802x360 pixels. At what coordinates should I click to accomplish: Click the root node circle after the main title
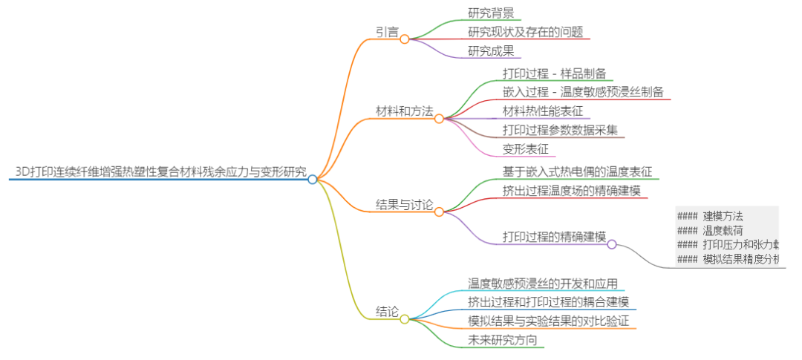click(x=313, y=179)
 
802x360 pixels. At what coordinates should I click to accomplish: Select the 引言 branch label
click(x=386, y=32)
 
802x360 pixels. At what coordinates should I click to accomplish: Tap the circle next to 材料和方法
click(x=439, y=118)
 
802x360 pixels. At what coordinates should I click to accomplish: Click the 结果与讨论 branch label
click(x=404, y=205)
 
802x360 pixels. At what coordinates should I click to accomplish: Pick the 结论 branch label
click(x=386, y=312)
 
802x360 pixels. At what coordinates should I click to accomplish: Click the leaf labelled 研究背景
click(x=491, y=13)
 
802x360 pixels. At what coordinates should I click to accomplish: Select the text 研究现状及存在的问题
click(x=525, y=32)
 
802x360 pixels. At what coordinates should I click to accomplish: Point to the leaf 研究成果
click(x=491, y=51)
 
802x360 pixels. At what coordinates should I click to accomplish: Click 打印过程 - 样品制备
click(x=554, y=73)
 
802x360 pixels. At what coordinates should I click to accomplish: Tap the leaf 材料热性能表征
click(x=542, y=111)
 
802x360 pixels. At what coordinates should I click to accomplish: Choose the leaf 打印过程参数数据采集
click(x=559, y=130)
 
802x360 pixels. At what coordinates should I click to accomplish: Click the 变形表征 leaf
click(x=525, y=149)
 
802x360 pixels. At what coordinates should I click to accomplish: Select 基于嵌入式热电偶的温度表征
click(x=577, y=171)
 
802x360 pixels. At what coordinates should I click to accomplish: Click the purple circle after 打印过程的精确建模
click(x=612, y=243)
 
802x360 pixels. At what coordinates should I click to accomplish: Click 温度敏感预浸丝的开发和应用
click(x=543, y=283)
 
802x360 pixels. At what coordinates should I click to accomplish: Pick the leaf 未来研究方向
click(x=502, y=340)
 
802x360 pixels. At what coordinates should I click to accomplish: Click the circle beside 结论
click(x=405, y=319)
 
